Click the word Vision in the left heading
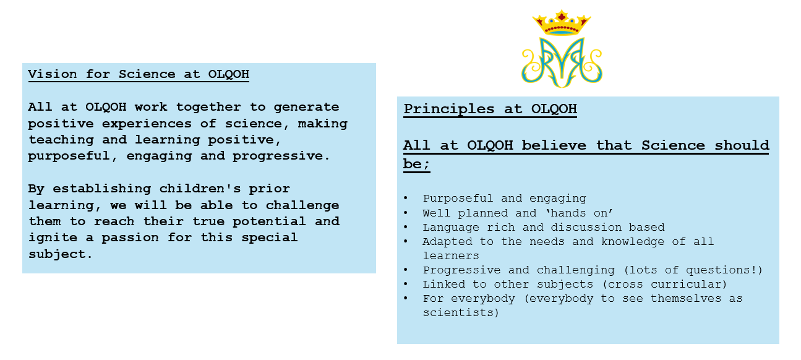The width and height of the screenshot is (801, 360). (53, 74)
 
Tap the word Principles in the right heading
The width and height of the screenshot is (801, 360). (449, 109)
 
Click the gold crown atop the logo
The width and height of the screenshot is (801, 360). (562, 23)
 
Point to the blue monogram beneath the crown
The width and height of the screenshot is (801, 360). (562, 62)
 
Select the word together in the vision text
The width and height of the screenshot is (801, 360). (208, 107)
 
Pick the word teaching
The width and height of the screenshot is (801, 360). (61, 139)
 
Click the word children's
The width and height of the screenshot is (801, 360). (200, 189)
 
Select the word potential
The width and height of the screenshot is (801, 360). (269, 221)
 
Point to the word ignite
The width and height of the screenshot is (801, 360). (53, 238)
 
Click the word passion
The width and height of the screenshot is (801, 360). (130, 238)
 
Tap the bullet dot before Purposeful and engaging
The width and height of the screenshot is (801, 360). (406, 198)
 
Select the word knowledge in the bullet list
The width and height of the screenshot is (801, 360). (633, 242)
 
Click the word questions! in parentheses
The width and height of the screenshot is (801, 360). (724, 270)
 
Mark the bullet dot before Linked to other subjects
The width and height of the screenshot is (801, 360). (406, 284)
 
